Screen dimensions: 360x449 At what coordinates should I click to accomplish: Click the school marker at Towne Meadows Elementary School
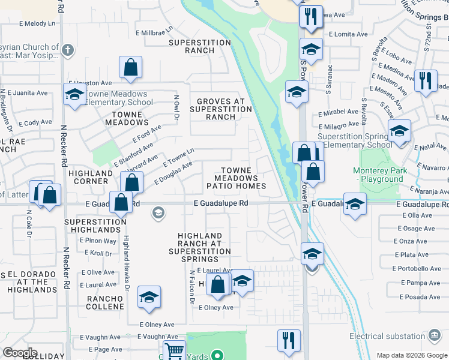pyautogui.click(x=74, y=95)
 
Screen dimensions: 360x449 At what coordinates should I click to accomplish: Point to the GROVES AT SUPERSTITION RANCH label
pyautogui.click(x=221, y=109)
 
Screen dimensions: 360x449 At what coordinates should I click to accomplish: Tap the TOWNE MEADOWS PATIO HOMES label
pyautogui.click(x=236, y=178)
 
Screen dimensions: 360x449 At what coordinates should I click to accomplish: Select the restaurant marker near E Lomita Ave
pyautogui.click(x=310, y=16)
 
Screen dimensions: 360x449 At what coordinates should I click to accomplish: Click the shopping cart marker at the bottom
pyautogui.click(x=174, y=350)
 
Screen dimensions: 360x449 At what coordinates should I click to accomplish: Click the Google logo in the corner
pyautogui.click(x=20, y=353)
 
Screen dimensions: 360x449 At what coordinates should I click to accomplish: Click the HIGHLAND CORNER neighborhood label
pyautogui.click(x=91, y=177)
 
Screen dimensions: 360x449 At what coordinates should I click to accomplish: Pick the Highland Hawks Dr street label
pyautogui.click(x=127, y=262)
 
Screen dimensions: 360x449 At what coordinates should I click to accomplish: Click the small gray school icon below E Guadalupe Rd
pyautogui.click(x=158, y=212)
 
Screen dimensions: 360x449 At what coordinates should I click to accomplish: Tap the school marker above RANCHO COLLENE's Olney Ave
pyautogui.click(x=149, y=297)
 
